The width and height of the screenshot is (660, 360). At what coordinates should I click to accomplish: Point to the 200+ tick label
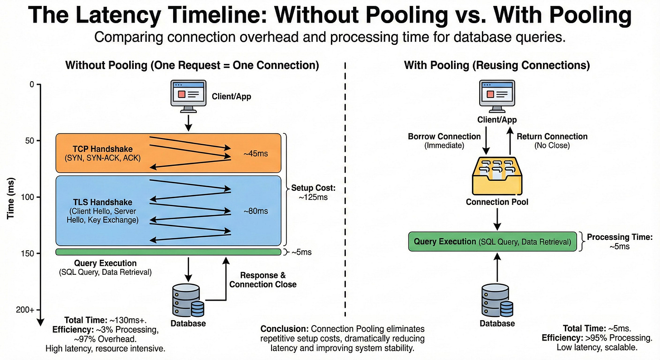point(25,310)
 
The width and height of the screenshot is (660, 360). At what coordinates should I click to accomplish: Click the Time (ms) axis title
point(11,198)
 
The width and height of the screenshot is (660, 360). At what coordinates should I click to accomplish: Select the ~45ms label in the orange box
point(256,154)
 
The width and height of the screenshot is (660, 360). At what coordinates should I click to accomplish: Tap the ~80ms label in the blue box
point(256,211)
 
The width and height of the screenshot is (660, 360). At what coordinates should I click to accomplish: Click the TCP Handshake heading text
point(102,149)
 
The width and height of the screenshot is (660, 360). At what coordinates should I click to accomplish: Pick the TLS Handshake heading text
point(102,202)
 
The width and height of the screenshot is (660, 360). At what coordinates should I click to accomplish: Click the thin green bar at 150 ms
point(168,252)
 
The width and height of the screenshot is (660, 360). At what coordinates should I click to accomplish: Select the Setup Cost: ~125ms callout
point(313,192)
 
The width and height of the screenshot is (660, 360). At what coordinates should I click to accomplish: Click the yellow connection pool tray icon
point(497,176)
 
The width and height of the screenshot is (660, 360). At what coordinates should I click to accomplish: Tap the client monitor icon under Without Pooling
point(189,96)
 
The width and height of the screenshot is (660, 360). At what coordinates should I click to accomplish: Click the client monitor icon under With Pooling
point(497,96)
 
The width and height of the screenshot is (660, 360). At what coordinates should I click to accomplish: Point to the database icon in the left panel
point(188,300)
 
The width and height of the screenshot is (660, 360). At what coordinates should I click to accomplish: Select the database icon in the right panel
point(497,300)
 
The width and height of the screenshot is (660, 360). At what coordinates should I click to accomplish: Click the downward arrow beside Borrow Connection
point(486,141)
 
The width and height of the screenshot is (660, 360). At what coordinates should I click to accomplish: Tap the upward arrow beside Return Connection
point(510,141)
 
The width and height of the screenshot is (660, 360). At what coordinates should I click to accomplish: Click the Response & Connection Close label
point(263,280)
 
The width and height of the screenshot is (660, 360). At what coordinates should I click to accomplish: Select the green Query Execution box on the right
point(492,242)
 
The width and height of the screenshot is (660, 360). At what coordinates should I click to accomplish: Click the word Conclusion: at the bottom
point(285,329)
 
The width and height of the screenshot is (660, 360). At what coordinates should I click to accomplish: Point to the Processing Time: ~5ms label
point(620,242)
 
